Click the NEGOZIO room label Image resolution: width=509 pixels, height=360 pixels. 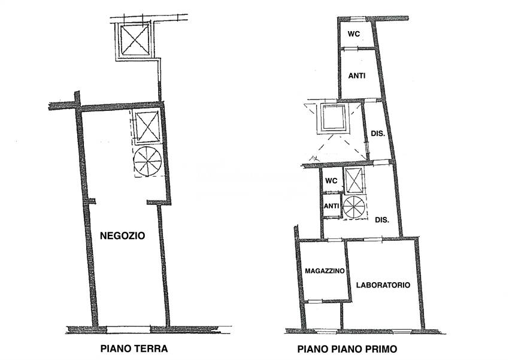pyautogui.click(x=123, y=236)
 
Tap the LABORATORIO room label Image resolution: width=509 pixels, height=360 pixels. pyautogui.click(x=383, y=285)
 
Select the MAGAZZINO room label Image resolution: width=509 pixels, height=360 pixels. pyautogui.click(x=325, y=271)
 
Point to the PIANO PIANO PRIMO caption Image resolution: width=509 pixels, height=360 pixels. pyautogui.click(x=347, y=349)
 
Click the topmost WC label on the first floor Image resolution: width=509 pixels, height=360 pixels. pyautogui.click(x=353, y=34)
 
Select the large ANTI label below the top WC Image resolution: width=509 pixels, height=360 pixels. pyautogui.click(x=357, y=76)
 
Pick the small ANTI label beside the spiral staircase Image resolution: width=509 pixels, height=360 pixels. pyautogui.click(x=332, y=206)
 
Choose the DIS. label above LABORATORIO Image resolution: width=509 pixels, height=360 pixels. pyautogui.click(x=382, y=220)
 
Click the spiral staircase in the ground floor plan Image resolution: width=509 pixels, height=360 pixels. pyautogui.click(x=147, y=161)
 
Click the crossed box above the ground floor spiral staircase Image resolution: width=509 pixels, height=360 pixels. pyautogui.click(x=147, y=126)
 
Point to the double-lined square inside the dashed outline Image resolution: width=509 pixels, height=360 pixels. pyautogui.click(x=334, y=119)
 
